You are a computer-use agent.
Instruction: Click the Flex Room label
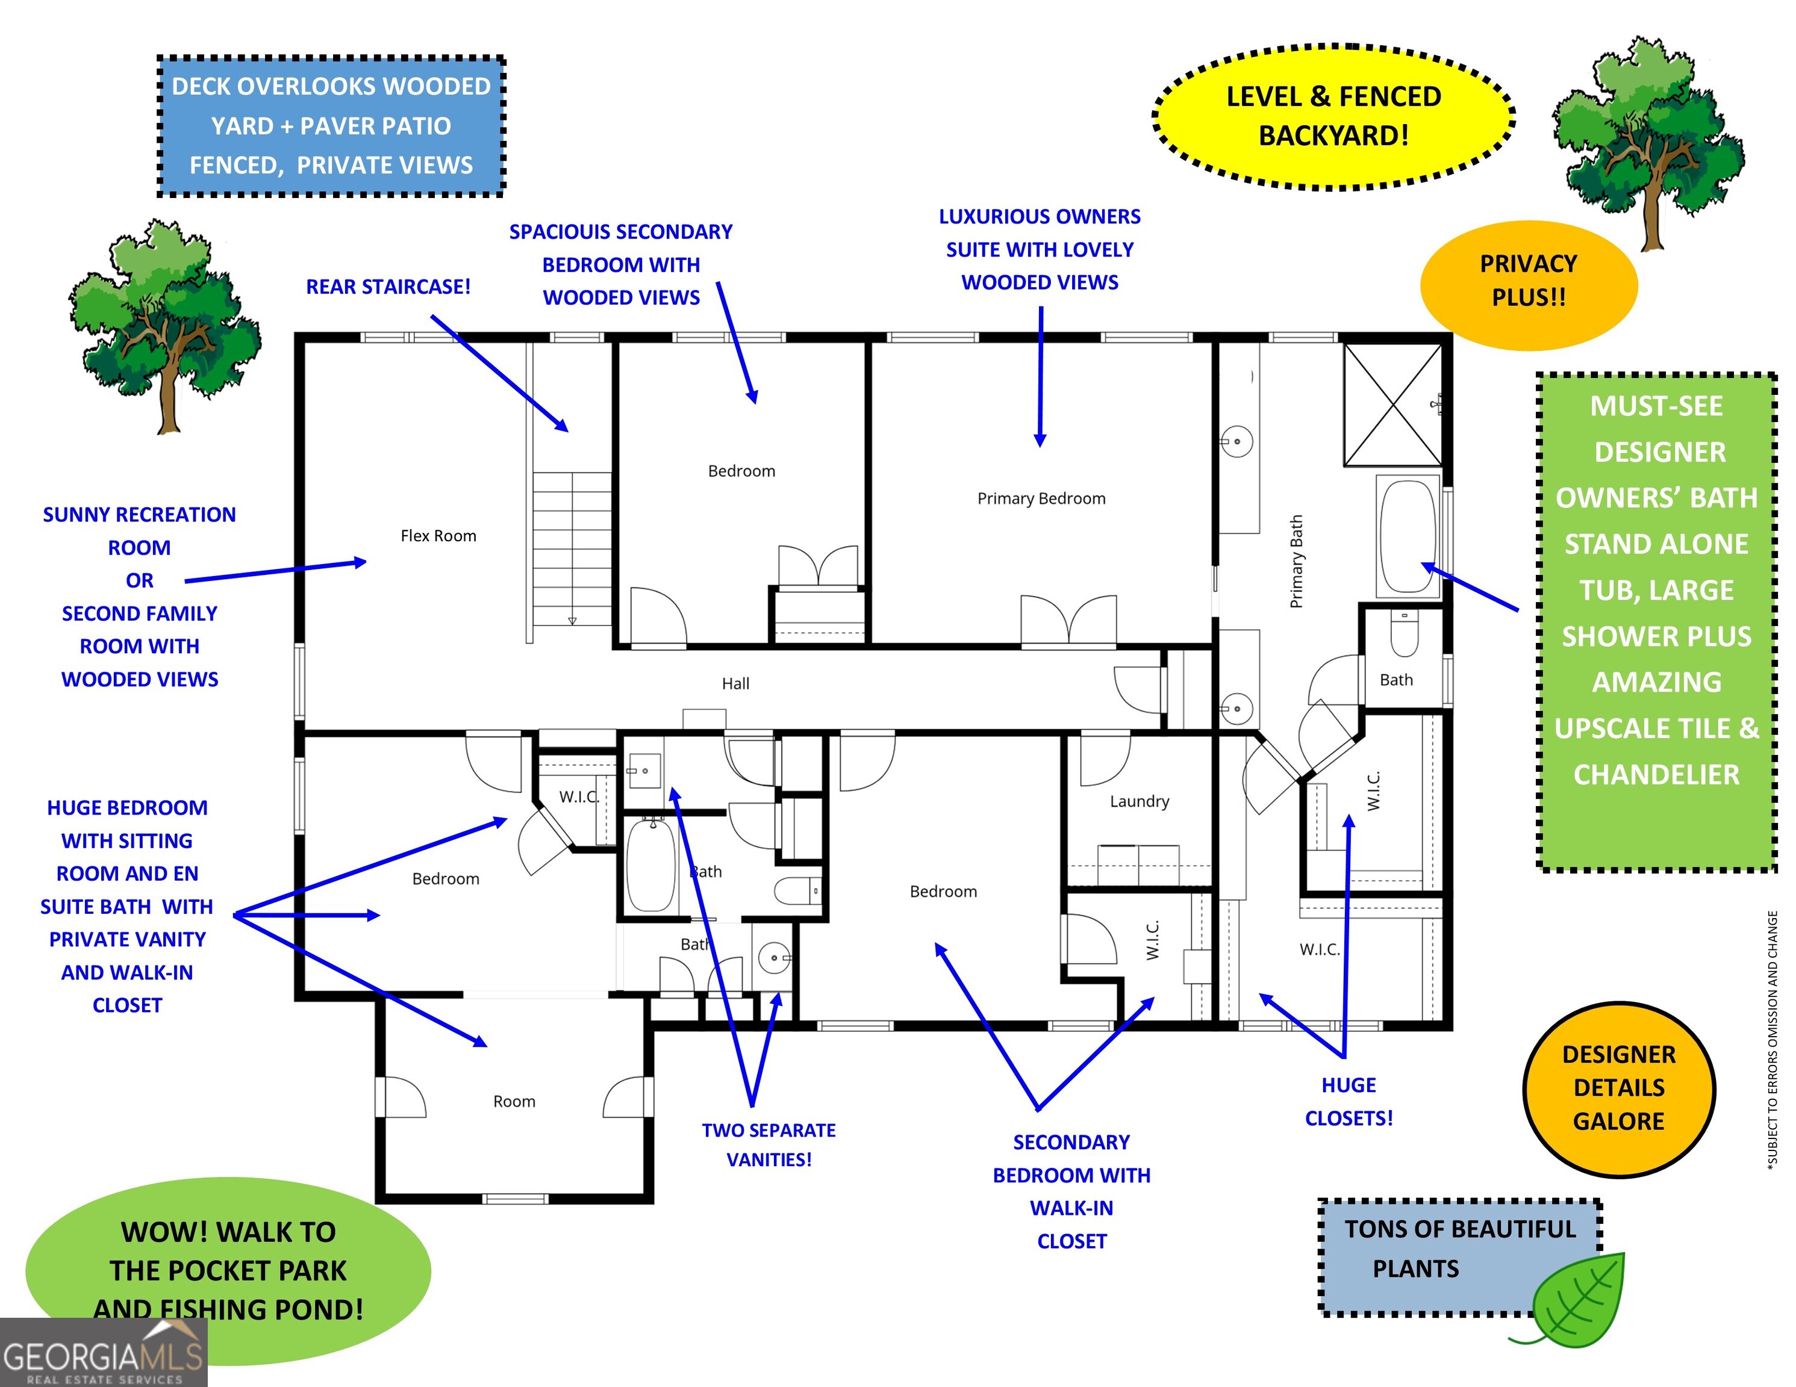tap(438, 536)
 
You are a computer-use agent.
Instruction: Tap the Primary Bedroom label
tap(1041, 498)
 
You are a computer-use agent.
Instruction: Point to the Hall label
tap(735, 683)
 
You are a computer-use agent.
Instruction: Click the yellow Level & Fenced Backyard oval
tap(1333, 117)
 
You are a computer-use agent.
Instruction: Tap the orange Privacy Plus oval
tap(1529, 285)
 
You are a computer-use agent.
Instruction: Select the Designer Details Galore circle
tap(1618, 1088)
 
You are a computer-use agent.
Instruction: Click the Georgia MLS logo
tap(104, 1353)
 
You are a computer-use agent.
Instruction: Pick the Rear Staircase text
tap(388, 287)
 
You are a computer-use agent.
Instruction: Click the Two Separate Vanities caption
tap(769, 1144)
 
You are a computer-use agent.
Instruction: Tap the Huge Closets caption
tap(1349, 1102)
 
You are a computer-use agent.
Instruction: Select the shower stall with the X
tap(1392, 405)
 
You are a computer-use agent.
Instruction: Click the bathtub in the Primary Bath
tap(1408, 535)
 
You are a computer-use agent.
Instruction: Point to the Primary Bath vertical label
tap(1297, 562)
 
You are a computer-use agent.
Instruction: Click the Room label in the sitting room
tap(514, 1102)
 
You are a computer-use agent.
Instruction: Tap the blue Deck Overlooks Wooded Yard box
tap(331, 126)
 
